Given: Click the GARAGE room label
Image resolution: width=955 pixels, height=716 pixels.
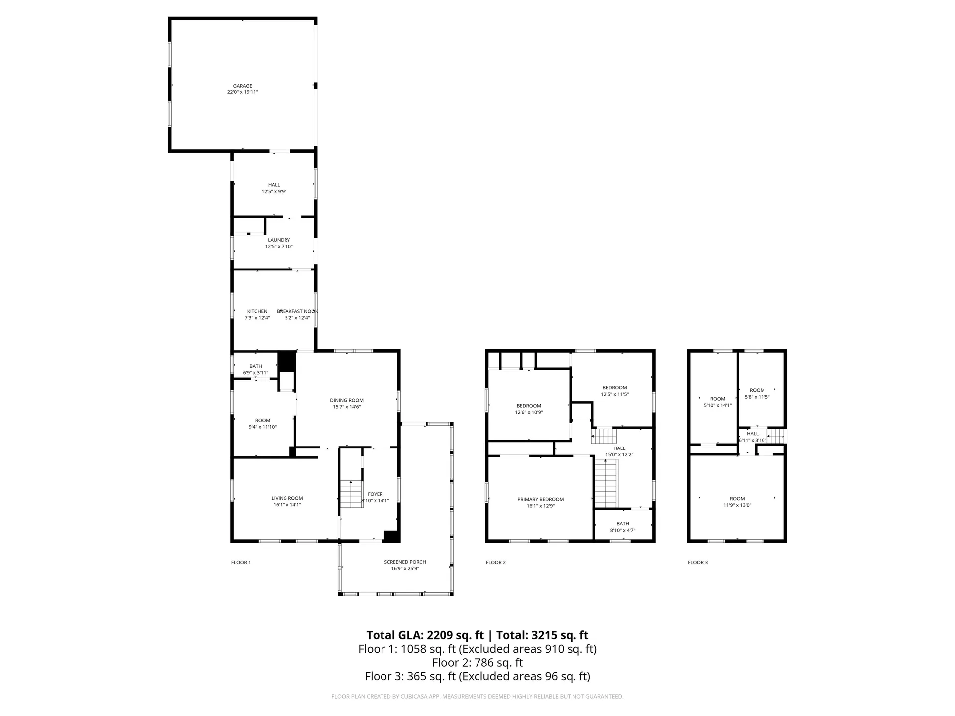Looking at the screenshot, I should (243, 86).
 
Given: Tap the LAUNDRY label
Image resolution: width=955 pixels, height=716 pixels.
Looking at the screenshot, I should (279, 240).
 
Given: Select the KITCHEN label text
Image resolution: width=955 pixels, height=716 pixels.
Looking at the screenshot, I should (257, 311).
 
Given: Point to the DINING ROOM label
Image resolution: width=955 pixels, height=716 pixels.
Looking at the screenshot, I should (347, 400).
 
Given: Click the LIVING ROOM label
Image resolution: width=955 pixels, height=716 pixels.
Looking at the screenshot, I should (287, 498).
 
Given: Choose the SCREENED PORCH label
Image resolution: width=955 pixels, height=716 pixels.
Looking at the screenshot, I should (405, 562).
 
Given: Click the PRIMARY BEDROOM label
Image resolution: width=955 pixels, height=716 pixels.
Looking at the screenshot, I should (540, 500).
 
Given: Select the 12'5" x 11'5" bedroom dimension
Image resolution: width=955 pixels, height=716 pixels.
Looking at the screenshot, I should (615, 394).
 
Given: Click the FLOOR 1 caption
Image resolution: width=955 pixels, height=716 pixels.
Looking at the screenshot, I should (241, 563).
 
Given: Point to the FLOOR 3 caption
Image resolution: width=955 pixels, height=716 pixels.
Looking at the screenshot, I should (697, 563).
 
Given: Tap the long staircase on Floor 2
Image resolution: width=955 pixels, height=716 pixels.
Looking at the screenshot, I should (606, 483).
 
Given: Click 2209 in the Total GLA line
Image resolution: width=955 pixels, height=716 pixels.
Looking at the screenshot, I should (440, 635).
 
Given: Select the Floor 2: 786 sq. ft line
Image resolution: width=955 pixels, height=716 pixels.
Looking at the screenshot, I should (477, 663).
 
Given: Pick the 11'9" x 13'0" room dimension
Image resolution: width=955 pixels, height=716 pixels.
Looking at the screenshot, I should (737, 505).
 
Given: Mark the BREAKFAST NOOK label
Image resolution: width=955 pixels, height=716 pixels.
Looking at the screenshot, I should (298, 311).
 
